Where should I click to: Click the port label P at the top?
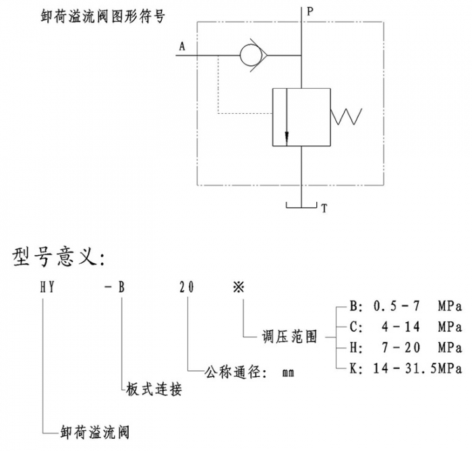tap(309, 11)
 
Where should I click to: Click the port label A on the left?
tap(181, 46)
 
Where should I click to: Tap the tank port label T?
tap(324, 209)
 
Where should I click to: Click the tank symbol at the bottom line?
tap(301, 205)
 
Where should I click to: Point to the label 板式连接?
tap(154, 390)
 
